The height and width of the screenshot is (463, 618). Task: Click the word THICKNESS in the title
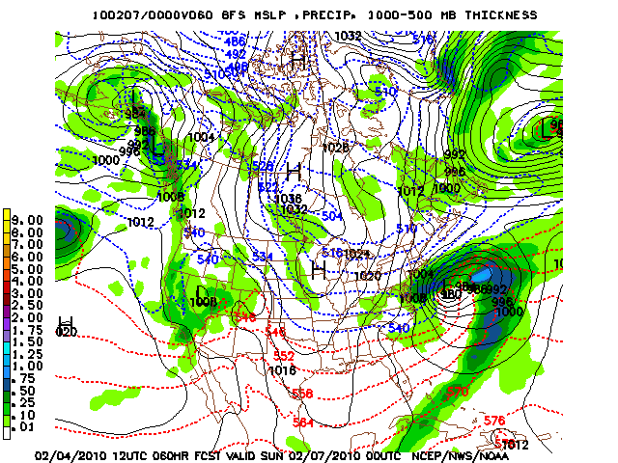[496, 15]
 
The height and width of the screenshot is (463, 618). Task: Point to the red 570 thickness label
[458, 392]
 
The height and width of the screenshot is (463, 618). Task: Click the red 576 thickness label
[494, 421]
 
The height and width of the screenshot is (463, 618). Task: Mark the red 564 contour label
[303, 422]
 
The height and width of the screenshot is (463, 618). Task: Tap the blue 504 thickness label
[331, 216]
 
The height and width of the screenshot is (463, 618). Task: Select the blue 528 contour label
[263, 167]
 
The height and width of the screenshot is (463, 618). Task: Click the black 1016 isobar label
[282, 370]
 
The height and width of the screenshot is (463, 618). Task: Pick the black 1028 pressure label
[335, 148]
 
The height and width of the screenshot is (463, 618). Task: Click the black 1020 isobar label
[368, 276]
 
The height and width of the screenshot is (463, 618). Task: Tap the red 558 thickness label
[303, 393]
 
